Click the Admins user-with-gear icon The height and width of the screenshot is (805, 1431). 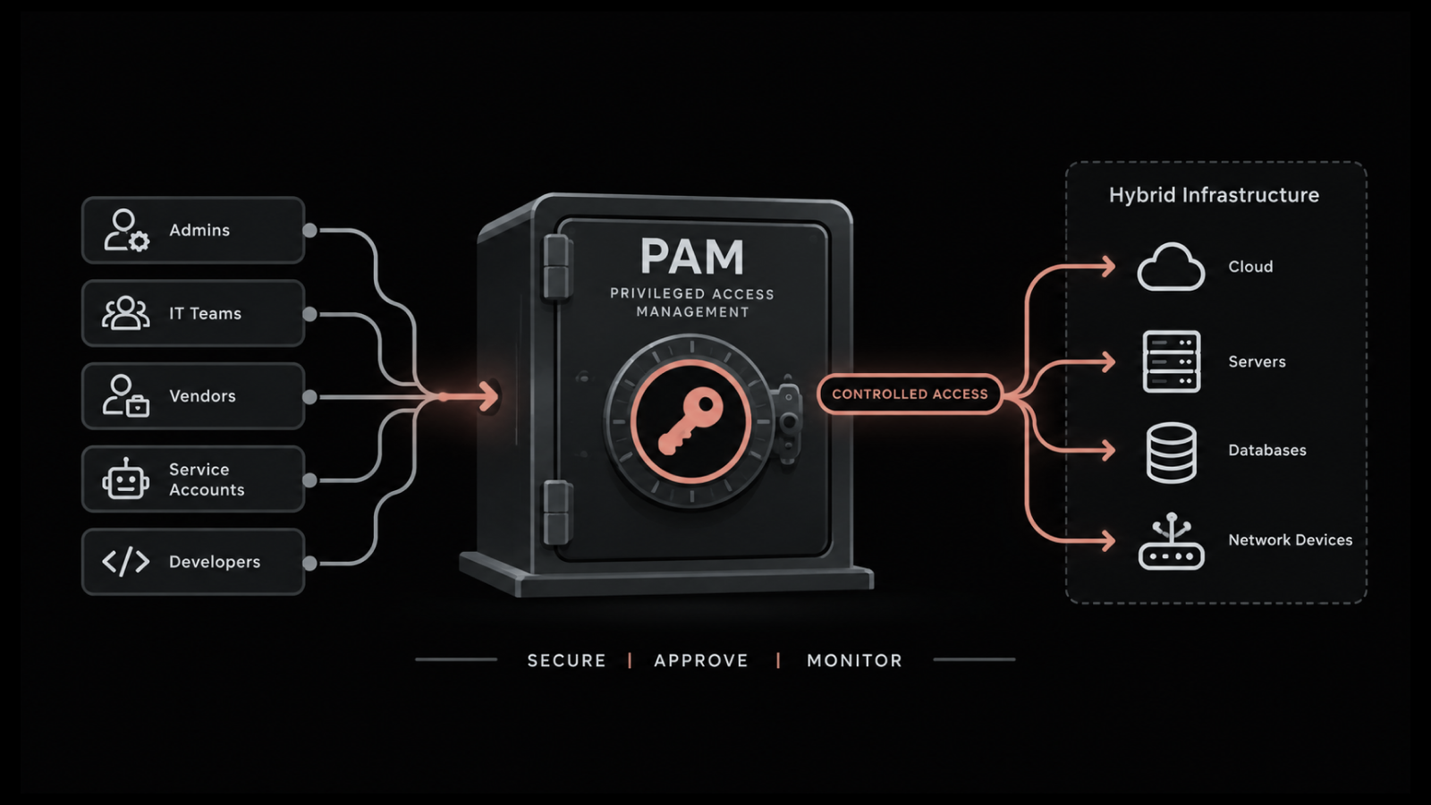126,230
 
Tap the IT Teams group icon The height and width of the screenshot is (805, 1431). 126,313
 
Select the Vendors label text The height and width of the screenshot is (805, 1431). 202,396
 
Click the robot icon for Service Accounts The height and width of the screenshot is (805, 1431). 126,479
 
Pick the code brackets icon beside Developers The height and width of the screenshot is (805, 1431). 126,562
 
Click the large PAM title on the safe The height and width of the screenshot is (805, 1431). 692,257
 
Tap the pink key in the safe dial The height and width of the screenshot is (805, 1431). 690,420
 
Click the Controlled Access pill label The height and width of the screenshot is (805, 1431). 910,394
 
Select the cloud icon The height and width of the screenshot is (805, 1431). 1171,267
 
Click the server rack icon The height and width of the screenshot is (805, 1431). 1171,361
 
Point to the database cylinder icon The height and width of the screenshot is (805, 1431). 1171,453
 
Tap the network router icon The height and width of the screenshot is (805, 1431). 1171,541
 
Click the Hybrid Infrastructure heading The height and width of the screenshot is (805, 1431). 1214,195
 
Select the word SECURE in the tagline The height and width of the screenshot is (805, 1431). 567,661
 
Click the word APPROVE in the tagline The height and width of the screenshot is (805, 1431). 701,661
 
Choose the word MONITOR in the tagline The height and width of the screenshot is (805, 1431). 855,661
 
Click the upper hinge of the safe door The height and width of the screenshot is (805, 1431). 556,267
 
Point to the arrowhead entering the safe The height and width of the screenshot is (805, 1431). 489,397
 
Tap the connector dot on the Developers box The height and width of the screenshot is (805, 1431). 309,563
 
